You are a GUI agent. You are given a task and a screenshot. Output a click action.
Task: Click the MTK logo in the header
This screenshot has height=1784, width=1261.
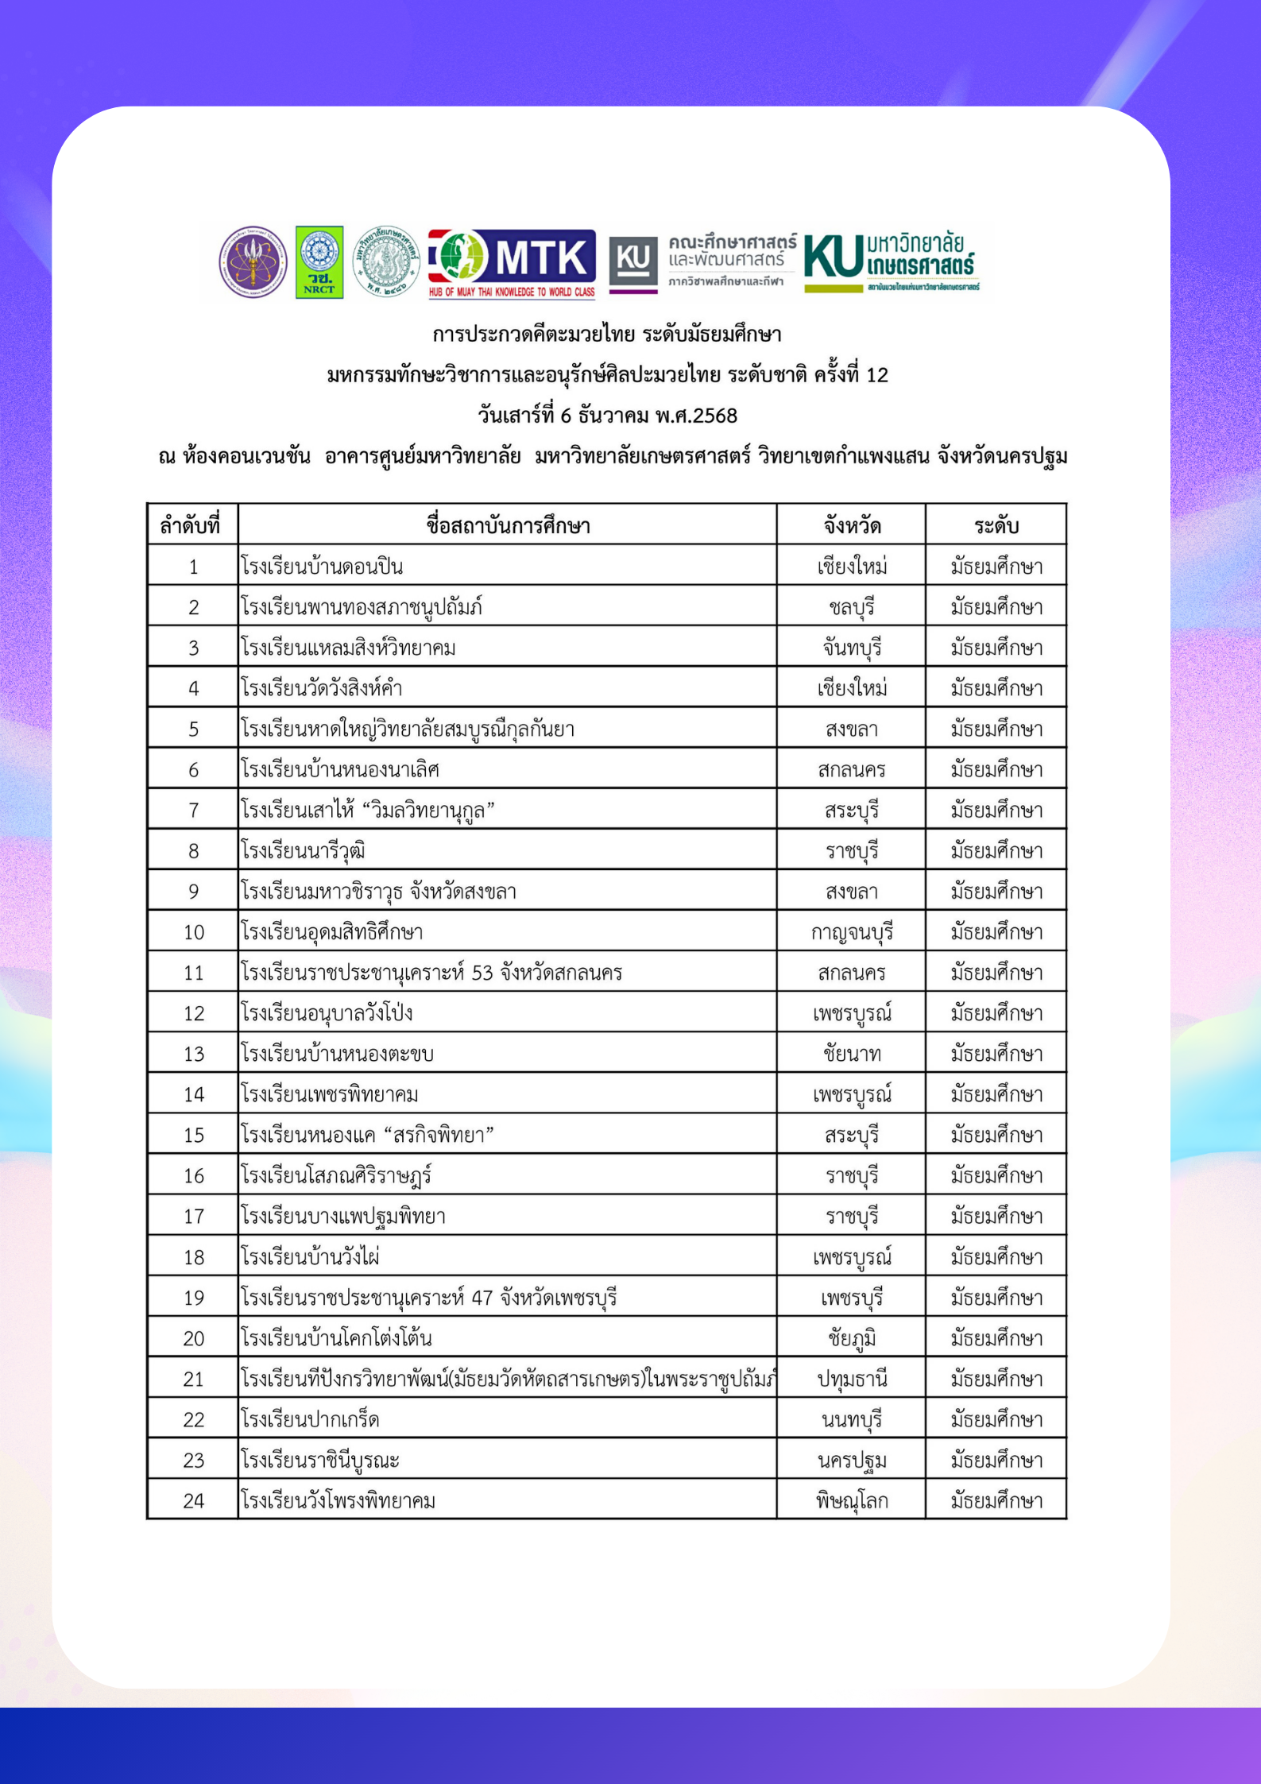tap(512, 262)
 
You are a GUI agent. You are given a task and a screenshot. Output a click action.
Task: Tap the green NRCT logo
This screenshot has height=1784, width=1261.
tap(319, 261)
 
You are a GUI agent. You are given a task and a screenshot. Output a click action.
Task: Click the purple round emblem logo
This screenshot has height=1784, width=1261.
tap(253, 261)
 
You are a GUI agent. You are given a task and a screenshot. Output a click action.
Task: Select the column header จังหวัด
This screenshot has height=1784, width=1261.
tap(851, 525)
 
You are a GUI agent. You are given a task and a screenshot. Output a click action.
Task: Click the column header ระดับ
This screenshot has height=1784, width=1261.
tap(996, 525)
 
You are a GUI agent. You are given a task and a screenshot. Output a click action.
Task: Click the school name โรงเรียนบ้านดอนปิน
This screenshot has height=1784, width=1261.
tap(322, 567)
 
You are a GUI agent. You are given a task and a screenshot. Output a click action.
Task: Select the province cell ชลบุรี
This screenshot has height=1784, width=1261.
tap(851, 607)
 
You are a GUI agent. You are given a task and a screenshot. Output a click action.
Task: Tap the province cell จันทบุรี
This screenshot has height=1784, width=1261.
tap(851, 648)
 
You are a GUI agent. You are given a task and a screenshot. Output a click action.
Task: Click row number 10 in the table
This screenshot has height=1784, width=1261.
tap(194, 932)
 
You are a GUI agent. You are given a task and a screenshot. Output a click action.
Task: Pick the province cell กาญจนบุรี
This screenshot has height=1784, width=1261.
tap(851, 932)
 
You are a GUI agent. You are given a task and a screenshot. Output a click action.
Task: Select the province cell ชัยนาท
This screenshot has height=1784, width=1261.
tap(851, 1054)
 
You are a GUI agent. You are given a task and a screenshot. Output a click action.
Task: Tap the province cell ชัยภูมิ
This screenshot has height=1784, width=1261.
tap(851, 1338)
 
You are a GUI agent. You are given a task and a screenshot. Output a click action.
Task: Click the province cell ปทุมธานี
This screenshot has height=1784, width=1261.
tap(851, 1379)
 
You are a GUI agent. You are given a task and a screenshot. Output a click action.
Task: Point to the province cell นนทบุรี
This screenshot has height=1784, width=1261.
tap(851, 1419)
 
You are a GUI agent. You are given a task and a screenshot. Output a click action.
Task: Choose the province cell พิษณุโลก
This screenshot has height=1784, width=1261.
tap(851, 1500)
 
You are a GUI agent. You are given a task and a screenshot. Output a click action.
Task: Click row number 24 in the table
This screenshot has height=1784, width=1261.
tap(194, 1500)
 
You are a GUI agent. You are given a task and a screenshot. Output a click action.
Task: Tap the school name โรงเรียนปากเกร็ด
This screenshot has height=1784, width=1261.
tap(310, 1419)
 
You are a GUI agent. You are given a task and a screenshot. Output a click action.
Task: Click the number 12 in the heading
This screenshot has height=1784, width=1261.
tap(876, 375)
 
